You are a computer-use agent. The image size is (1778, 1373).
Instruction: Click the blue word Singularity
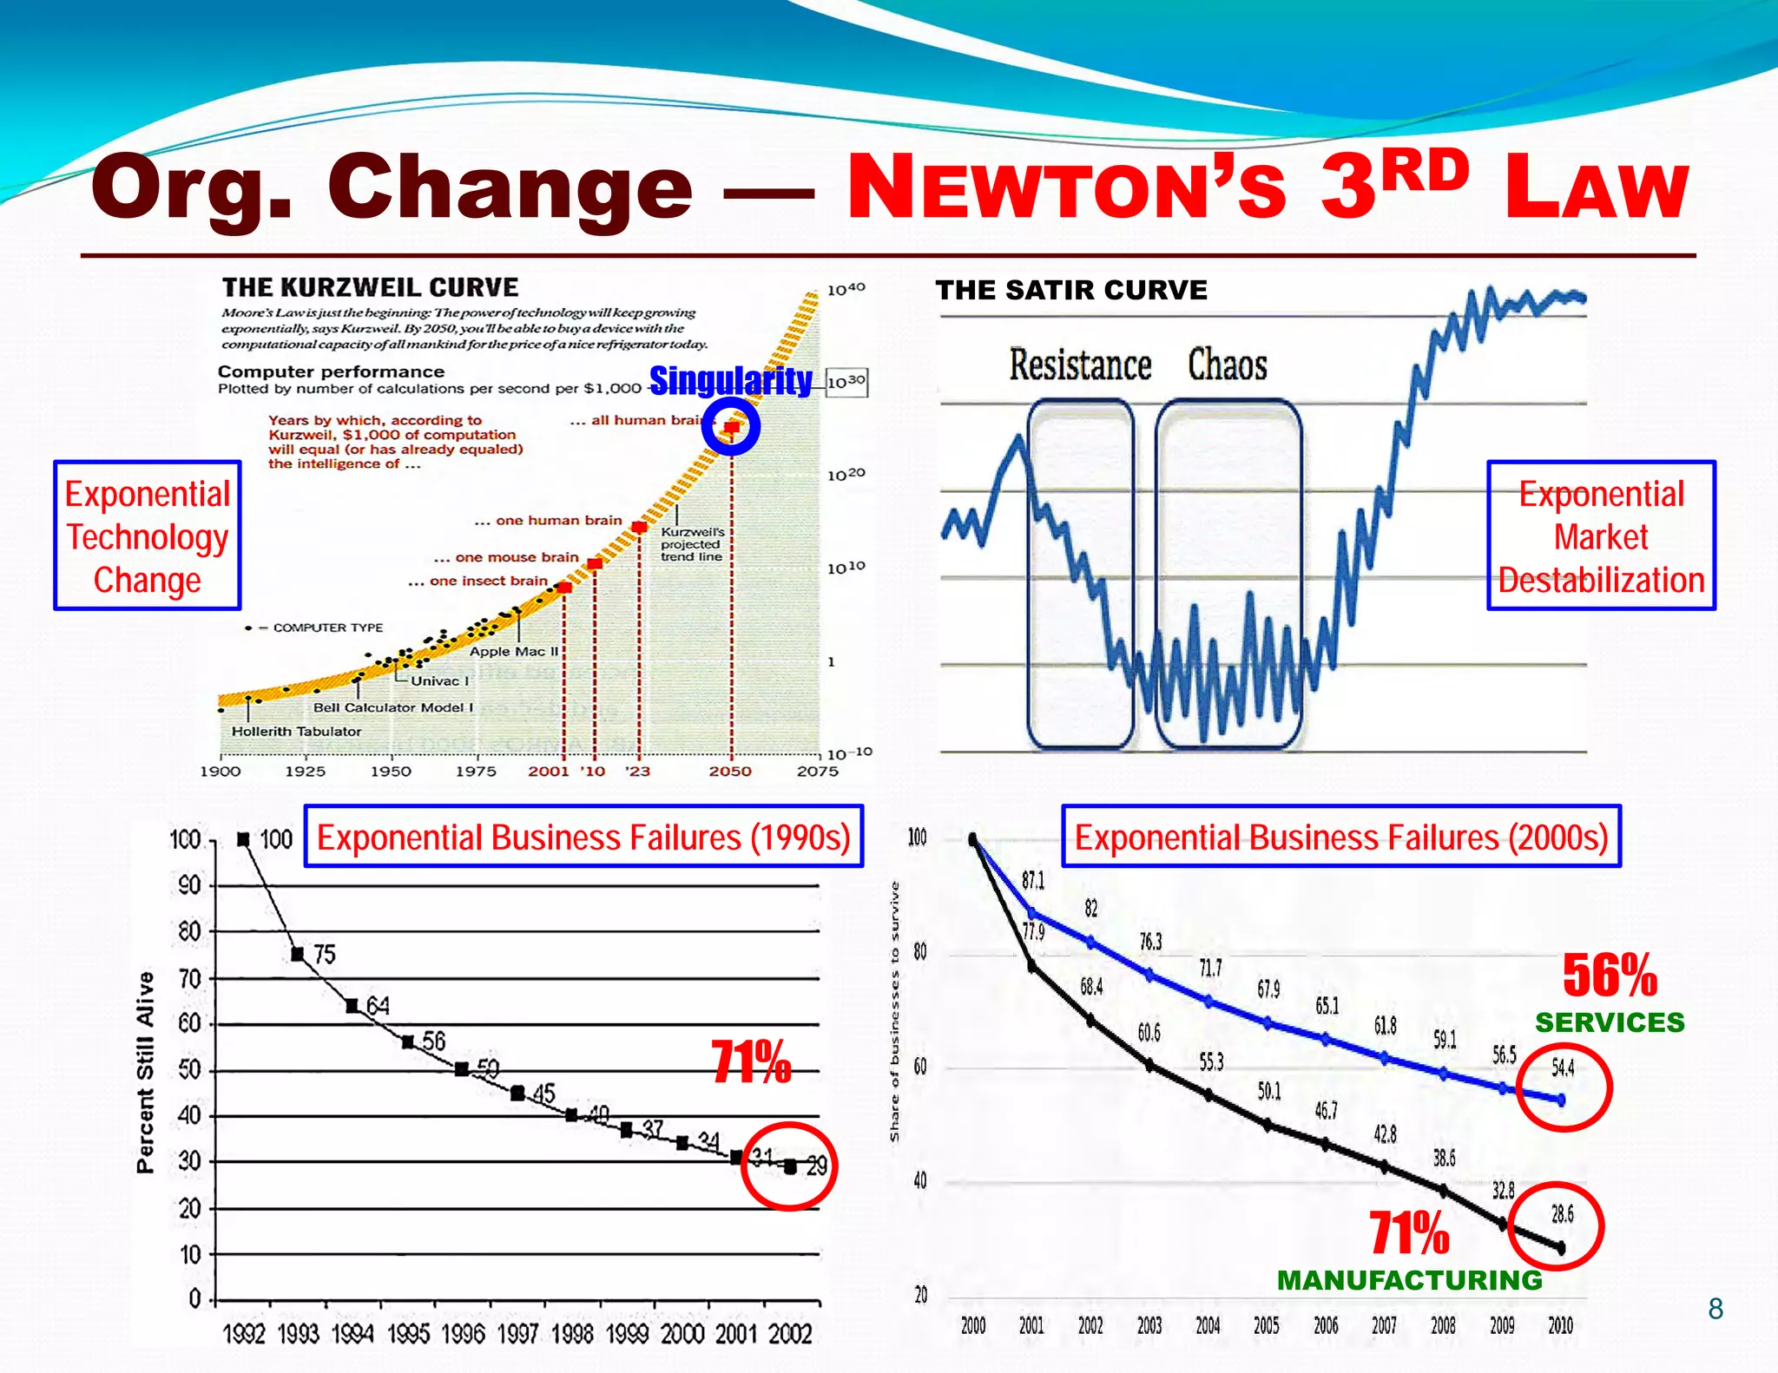731,381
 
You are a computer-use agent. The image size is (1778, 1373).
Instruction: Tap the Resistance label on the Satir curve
1080,365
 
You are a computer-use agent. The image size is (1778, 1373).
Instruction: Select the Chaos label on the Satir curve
1227,365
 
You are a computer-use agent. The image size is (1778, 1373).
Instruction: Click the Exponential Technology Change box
147,536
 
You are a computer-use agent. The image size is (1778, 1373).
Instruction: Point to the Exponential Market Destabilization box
1601,536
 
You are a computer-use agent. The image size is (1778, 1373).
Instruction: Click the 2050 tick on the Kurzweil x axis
730,771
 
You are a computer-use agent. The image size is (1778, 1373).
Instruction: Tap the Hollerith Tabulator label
296,732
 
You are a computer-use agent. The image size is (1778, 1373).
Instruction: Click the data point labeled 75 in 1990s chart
298,954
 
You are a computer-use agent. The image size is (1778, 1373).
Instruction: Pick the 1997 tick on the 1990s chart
518,1333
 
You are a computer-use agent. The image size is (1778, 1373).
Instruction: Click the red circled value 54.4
1563,1068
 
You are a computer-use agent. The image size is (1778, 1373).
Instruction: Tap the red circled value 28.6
1562,1214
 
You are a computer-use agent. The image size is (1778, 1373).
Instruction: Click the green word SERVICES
1610,1022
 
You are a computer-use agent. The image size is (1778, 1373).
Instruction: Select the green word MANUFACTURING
1409,1280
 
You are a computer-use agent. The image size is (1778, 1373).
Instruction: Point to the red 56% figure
1610,976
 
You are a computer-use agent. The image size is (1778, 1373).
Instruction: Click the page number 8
1715,1309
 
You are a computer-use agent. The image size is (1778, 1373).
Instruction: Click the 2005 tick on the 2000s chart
1266,1325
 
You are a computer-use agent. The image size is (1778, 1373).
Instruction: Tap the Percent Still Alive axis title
145,1072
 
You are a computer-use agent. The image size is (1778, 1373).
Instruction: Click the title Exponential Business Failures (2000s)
1341,837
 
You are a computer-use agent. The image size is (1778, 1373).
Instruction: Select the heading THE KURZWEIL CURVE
370,287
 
